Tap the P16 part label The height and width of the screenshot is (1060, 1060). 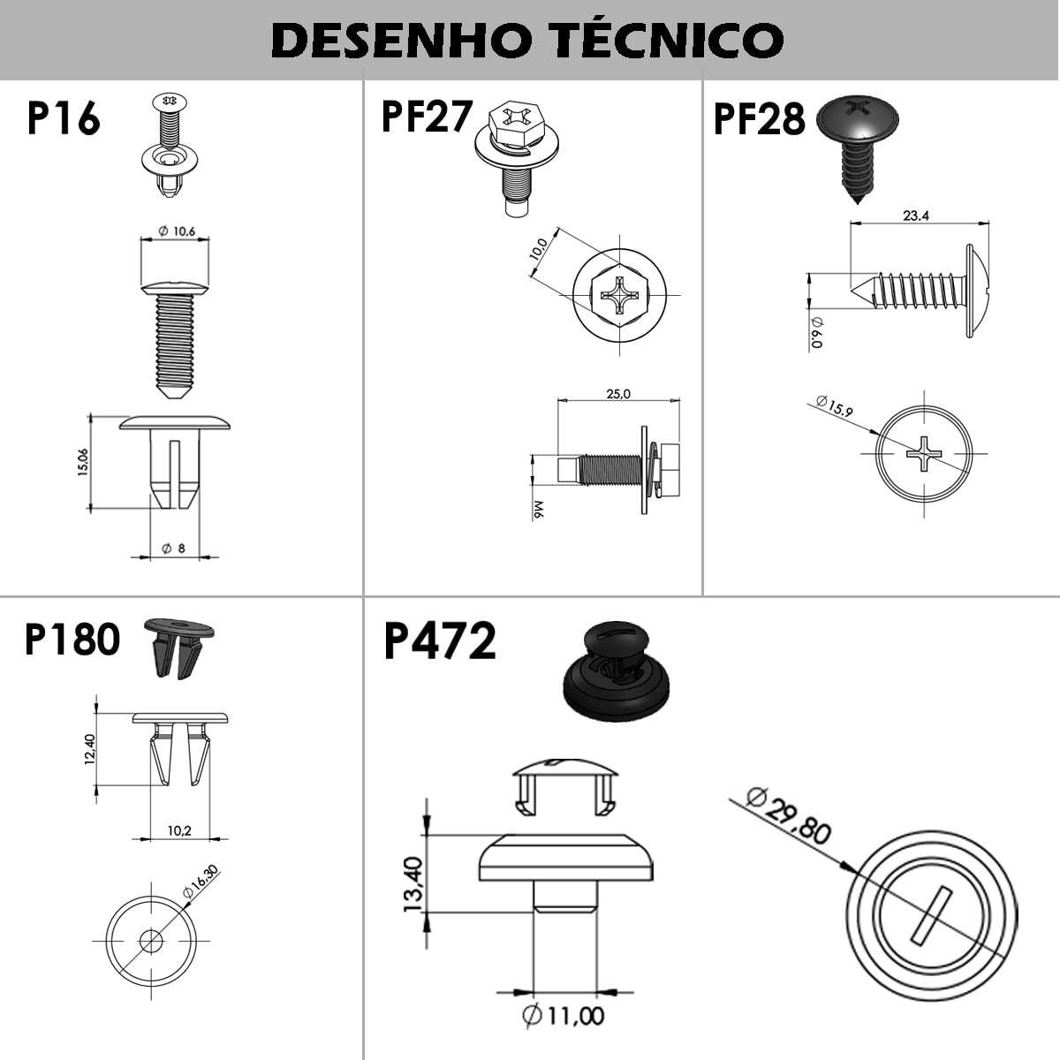64,117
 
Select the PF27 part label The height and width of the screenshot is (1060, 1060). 427,116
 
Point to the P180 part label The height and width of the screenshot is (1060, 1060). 72,639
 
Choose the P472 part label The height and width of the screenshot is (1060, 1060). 440,640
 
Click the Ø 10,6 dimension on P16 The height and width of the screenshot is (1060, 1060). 177,231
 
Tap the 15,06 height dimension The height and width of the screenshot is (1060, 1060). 82,463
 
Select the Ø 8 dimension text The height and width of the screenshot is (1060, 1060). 173,549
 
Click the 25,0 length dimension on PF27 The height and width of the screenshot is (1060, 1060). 618,394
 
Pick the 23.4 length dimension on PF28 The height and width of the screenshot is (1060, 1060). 916,216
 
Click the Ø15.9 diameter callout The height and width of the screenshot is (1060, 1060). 835,406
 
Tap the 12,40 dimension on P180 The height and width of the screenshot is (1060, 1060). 90,749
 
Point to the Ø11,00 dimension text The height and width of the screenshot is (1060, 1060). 563,1016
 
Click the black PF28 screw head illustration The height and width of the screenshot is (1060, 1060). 857,120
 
